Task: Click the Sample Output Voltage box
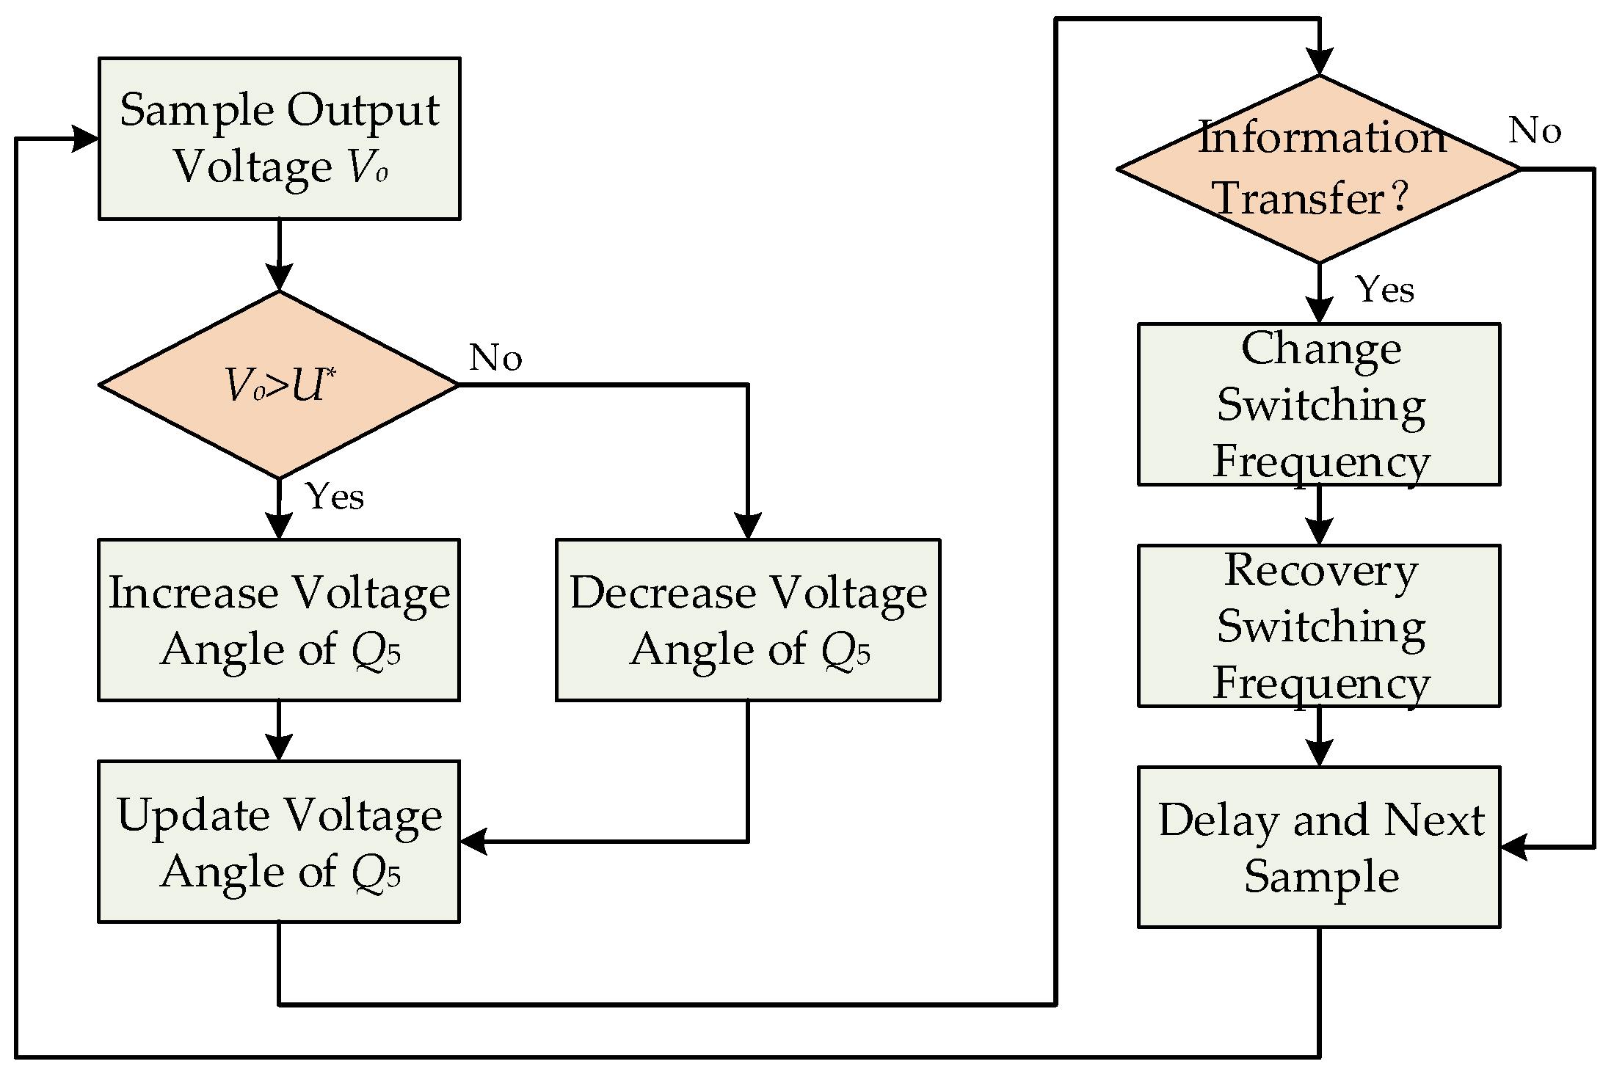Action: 279,138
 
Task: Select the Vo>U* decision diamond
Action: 279,385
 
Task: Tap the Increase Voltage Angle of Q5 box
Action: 279,620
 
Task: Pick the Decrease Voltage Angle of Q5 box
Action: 747,620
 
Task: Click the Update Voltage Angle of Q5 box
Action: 279,842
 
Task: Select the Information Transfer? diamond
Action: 1319,169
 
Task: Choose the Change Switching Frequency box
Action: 1319,404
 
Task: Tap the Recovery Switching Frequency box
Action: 1319,626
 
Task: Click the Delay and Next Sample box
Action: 1319,848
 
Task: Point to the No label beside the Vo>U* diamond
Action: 495,358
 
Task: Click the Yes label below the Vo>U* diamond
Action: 335,497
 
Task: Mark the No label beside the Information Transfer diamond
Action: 1534,131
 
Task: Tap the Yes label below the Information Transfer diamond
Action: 1384,290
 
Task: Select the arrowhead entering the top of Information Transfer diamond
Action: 1319,63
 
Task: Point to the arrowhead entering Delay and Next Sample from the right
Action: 1513,847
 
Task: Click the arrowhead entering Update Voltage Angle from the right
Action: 473,842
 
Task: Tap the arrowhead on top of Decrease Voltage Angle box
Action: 747,527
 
